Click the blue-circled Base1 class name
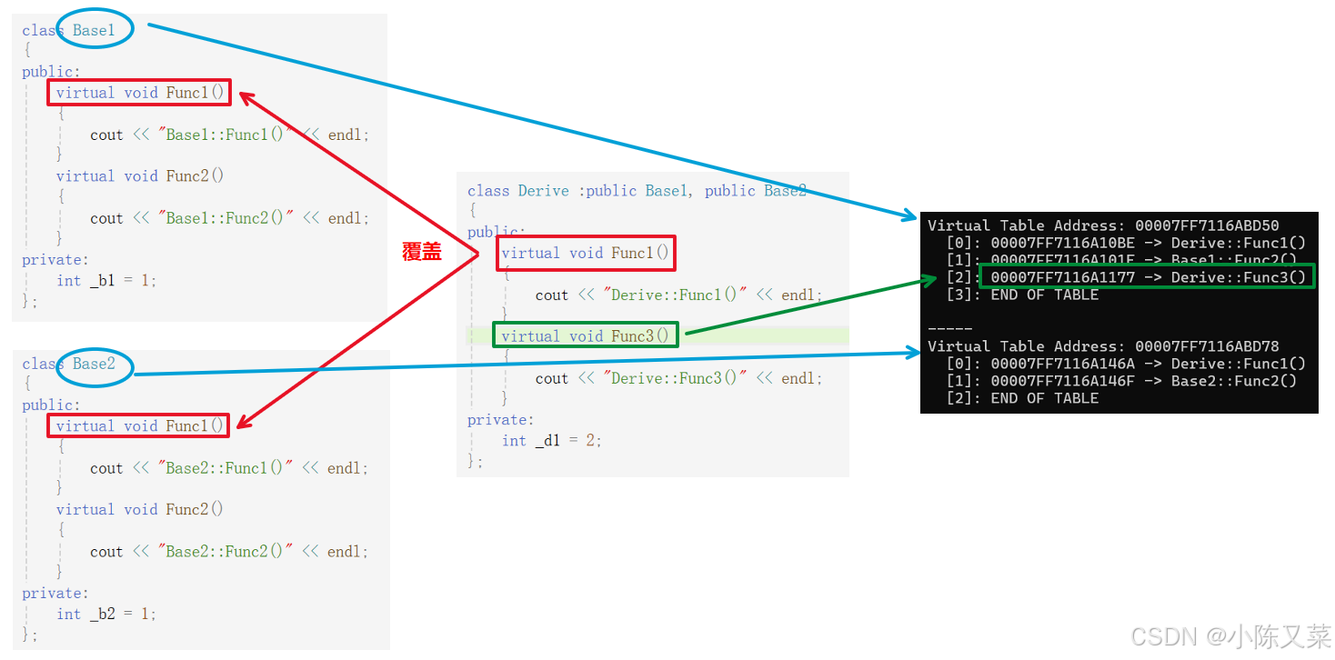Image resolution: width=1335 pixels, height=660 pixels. click(x=95, y=30)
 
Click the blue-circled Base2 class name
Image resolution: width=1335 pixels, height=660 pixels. click(x=95, y=364)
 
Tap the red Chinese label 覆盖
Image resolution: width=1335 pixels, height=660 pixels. click(x=421, y=253)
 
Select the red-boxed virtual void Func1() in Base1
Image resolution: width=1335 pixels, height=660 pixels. click(x=139, y=93)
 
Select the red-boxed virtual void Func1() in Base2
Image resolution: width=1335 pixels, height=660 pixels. click(x=139, y=425)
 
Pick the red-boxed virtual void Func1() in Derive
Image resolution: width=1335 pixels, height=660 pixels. click(x=585, y=253)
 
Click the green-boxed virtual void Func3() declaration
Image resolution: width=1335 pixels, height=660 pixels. click(x=585, y=336)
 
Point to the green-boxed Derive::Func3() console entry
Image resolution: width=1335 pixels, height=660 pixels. click(x=1147, y=277)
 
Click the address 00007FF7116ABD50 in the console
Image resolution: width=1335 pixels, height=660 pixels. click(x=1207, y=225)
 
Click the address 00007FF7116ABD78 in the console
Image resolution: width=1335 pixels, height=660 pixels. click(x=1207, y=346)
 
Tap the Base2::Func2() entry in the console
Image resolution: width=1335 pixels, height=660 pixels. click(x=1234, y=381)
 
